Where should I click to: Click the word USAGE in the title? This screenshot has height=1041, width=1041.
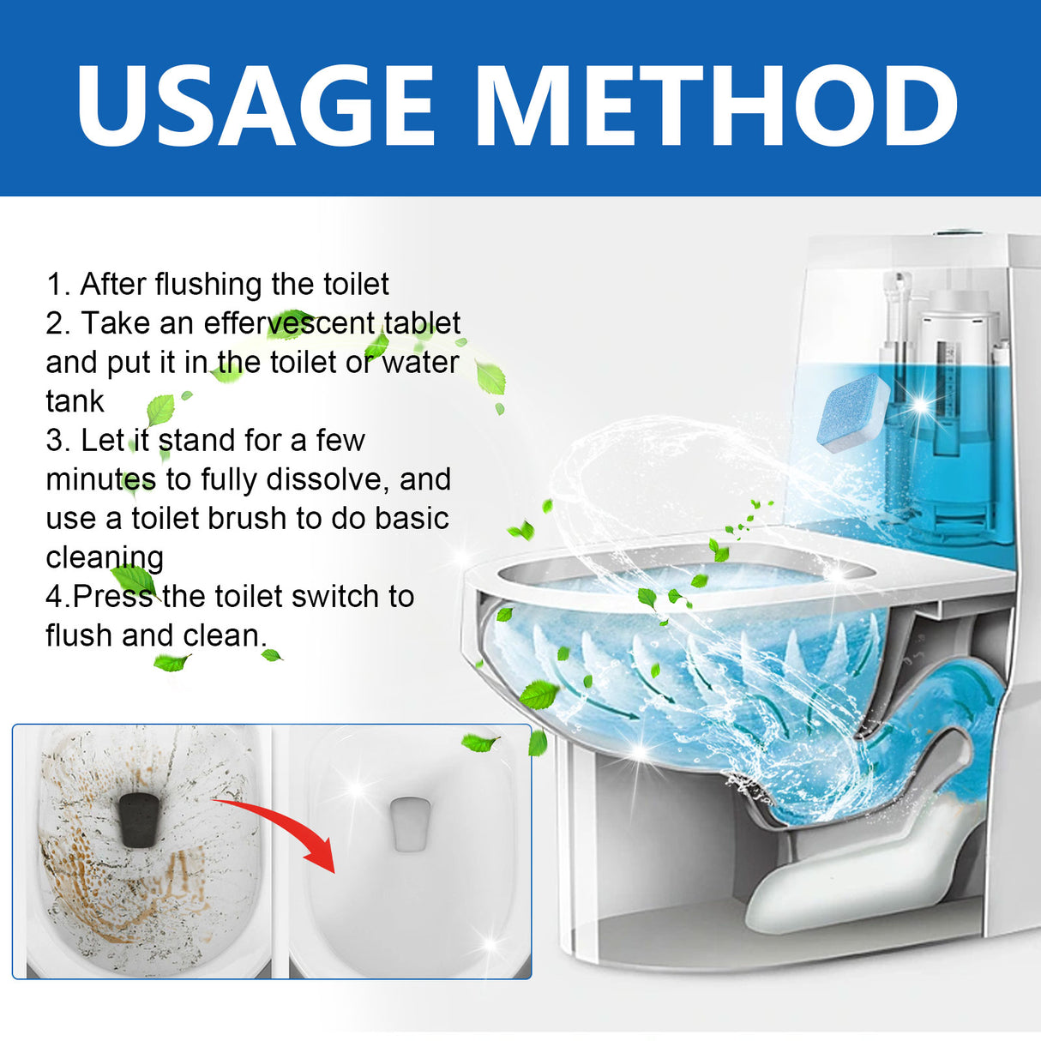click(x=256, y=105)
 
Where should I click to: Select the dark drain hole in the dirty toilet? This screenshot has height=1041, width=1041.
click(x=140, y=818)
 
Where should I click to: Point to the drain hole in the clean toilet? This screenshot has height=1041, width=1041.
click(x=410, y=823)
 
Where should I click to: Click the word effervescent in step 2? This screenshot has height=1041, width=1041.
click(x=289, y=323)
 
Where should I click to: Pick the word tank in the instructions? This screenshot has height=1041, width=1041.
click(x=75, y=401)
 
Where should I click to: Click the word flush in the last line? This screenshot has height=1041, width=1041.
click(x=79, y=635)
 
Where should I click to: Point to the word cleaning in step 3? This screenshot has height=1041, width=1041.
click(x=104, y=558)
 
